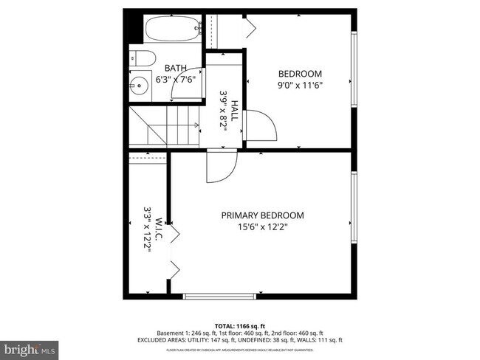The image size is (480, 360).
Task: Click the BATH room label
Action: tap(175, 67)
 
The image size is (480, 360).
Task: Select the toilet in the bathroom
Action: tap(142, 60)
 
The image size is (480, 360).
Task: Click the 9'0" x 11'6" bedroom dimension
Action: tap(300, 85)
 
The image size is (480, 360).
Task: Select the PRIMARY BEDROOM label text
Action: tap(262, 215)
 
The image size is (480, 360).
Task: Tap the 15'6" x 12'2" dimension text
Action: tap(262, 227)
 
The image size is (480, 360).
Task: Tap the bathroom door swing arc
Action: tap(185, 87)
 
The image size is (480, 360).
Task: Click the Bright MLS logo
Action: tap(30, 347)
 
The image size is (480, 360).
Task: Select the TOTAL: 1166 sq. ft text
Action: tap(239, 325)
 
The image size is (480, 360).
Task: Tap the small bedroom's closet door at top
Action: tap(248, 28)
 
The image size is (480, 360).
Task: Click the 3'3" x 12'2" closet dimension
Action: tap(148, 229)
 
